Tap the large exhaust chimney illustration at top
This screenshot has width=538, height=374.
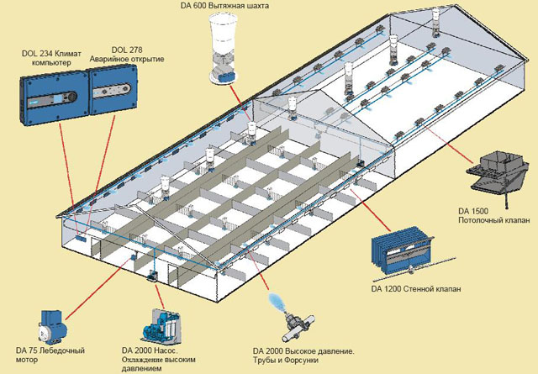pos(222,46)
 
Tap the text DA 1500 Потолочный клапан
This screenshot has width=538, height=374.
pos(492,214)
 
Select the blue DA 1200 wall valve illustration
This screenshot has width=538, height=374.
pos(403,250)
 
